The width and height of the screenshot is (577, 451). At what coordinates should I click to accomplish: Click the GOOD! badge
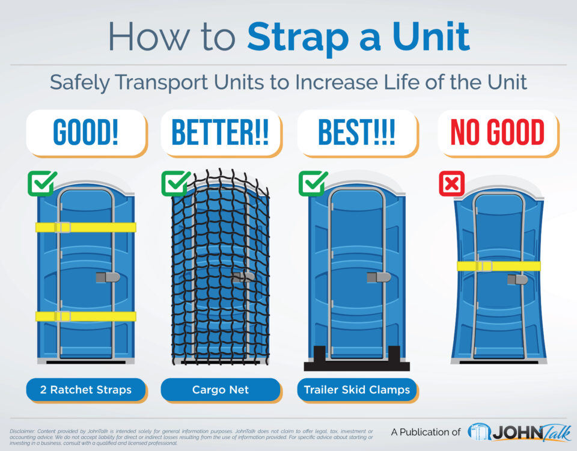point(86,133)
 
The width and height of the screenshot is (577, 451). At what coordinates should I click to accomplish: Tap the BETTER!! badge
point(221,133)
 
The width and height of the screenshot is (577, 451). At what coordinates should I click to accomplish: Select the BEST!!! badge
point(356,133)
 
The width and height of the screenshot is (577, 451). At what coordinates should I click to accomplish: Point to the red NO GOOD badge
point(497,133)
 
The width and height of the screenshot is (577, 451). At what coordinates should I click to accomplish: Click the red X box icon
point(451,183)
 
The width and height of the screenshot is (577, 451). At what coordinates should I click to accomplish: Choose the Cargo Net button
point(220,390)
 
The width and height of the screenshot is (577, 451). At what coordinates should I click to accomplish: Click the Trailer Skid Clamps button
point(356,390)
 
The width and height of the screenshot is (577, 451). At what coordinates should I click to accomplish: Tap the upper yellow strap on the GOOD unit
point(86,227)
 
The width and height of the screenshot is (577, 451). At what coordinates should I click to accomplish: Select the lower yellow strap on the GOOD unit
point(86,316)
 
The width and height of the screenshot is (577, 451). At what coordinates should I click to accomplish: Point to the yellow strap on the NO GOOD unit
point(498,266)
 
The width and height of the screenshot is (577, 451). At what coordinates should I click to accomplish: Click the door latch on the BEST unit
point(379,277)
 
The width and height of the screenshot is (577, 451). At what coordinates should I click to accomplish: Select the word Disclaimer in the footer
point(22,431)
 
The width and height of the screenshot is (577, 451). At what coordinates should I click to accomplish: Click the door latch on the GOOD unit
point(108,277)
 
